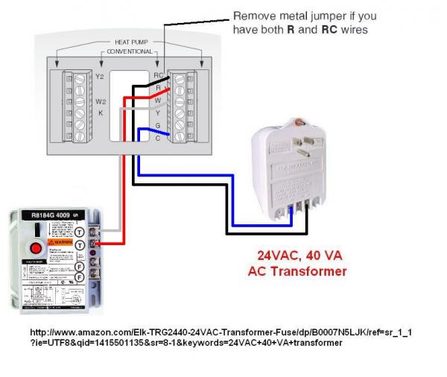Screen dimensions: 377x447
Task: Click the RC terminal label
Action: pyautogui.click(x=159, y=76)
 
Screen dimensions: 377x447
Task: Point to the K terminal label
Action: pyautogui.click(x=99, y=113)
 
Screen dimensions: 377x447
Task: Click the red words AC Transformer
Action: pyautogui.click(x=297, y=271)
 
